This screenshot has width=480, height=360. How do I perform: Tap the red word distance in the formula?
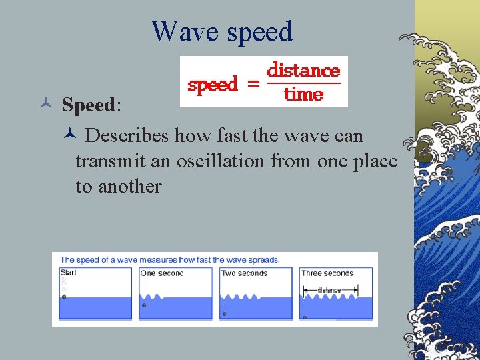[303, 70]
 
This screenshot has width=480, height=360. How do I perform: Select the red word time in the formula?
[303, 94]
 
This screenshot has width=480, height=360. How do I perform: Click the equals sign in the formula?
[252, 83]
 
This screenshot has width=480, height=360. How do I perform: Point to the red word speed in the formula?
[213, 85]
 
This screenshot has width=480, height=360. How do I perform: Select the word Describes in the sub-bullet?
[127, 135]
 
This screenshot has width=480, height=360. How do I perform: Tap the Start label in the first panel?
[68, 273]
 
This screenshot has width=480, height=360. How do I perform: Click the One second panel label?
[161, 273]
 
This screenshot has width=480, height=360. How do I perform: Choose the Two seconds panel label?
[244, 273]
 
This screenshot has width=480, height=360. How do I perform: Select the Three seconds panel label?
[327, 273]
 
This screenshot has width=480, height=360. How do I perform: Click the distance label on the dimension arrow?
[329, 290]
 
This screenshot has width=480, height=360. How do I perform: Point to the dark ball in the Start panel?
[64, 296]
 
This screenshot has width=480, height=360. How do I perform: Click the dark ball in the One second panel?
[144, 305]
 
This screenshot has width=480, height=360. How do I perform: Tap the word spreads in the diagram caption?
[263, 259]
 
